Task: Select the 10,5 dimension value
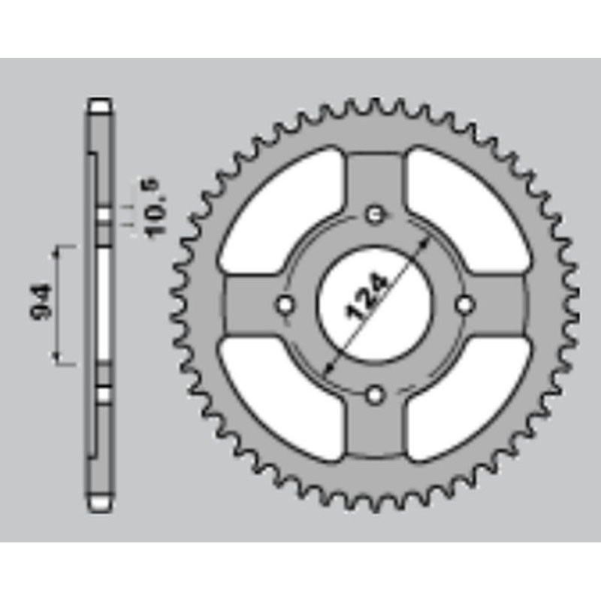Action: coord(155,208)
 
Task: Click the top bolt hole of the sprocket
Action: coord(375,215)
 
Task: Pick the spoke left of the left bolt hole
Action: coord(248,305)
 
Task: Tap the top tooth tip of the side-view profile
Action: coord(100,103)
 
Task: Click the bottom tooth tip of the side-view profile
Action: coord(100,505)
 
